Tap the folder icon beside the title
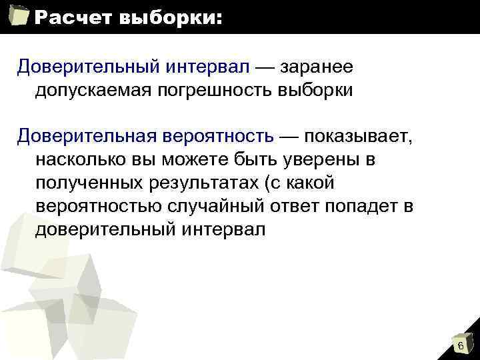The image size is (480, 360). pos(19,16)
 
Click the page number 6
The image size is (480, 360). pos(460,345)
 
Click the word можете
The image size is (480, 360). pos(205,160)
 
